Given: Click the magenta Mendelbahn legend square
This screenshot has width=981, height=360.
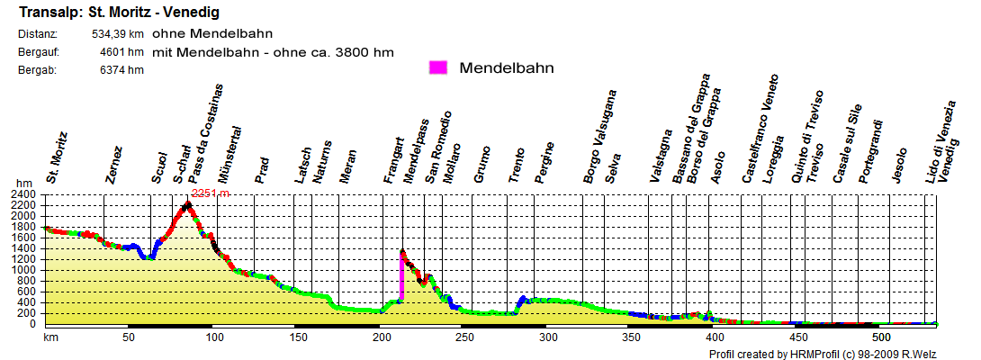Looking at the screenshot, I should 439,68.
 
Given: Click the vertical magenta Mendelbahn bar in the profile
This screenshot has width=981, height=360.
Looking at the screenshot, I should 401,278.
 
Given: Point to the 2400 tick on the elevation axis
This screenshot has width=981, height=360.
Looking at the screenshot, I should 22,194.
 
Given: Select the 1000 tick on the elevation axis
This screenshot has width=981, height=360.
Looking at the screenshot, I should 22,270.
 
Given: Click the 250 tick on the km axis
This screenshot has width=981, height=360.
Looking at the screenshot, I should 461,337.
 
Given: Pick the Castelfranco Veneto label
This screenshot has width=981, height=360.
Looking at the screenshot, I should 760,141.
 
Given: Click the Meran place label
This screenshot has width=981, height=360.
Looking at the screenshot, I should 347,166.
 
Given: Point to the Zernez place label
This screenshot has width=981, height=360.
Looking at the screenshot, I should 113,165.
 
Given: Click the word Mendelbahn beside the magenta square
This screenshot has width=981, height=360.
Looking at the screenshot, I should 506,68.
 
